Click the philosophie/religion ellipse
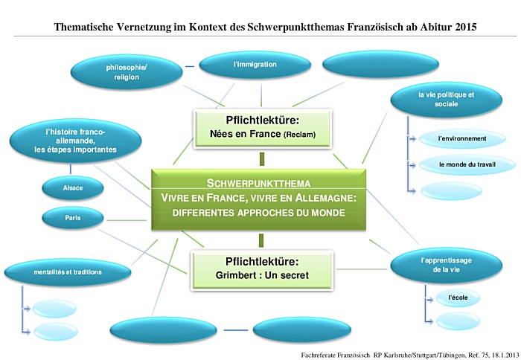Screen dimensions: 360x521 click(126, 72)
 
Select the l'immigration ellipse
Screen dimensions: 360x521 click(255, 65)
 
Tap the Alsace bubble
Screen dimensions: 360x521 click(72, 187)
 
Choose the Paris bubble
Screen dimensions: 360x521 click(72, 218)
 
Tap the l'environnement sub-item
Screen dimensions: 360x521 click(461, 138)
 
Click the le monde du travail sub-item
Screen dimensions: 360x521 click(461, 164)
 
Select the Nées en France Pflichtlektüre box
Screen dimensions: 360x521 click(261, 126)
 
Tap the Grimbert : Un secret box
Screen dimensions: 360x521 click(261, 269)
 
